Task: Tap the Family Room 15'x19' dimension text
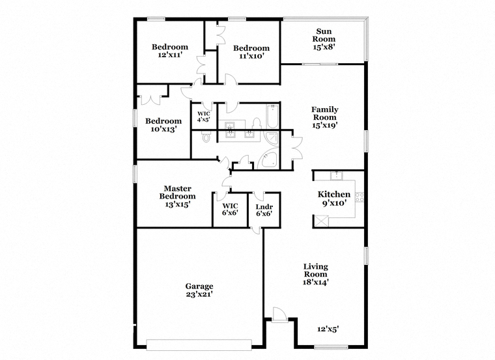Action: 325,125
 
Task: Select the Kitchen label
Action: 334,195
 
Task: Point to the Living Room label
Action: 316,270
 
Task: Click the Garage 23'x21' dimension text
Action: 199,294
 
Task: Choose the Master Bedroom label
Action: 177,193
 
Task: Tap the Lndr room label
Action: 264,207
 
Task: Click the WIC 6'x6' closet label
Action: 230,210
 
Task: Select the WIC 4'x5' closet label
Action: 204,117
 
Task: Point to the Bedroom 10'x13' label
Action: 163,125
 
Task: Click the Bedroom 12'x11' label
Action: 170,51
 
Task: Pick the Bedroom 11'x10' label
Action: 251,52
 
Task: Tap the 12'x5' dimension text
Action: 328,329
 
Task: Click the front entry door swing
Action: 280,314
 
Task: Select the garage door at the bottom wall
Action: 199,344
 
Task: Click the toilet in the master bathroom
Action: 206,137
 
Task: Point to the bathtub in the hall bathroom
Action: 272,117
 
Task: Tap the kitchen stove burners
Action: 360,197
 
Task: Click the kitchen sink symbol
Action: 337,175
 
